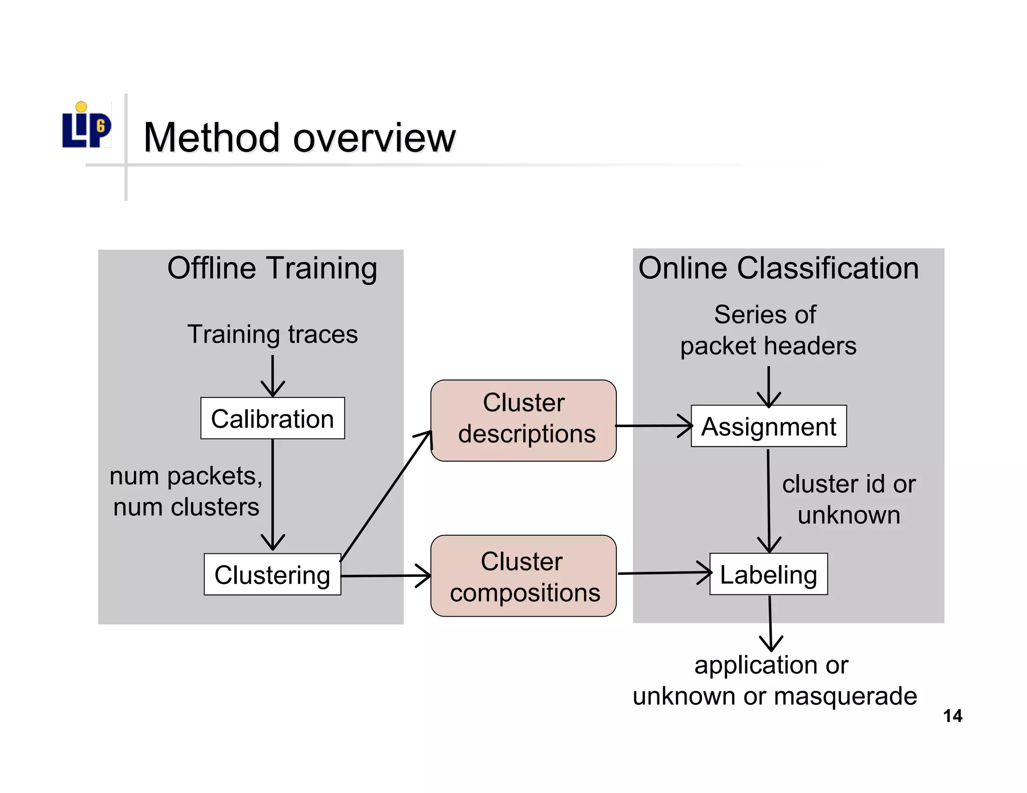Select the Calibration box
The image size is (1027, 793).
(x=272, y=419)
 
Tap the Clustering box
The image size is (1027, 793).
(x=272, y=574)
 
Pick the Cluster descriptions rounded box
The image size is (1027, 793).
(x=524, y=420)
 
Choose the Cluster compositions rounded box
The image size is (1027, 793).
(x=524, y=576)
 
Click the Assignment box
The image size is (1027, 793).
(x=768, y=426)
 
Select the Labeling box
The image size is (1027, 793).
(x=768, y=574)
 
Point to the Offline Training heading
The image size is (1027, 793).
(x=272, y=268)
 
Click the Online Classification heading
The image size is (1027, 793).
(x=778, y=268)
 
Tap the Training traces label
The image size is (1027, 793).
(x=272, y=334)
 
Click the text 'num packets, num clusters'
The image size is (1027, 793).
(x=186, y=491)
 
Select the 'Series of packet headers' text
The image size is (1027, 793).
(x=767, y=330)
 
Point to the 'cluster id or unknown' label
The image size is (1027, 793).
(x=848, y=499)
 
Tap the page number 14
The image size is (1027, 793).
(x=952, y=716)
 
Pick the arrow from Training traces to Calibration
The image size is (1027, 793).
(x=272, y=376)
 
